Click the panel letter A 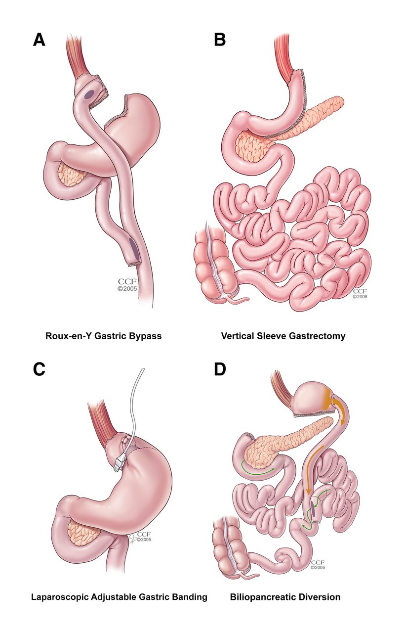(x=39, y=40)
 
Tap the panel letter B (x=220, y=40)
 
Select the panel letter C (x=39, y=369)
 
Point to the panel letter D (x=220, y=369)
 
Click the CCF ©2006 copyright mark (x=360, y=294)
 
